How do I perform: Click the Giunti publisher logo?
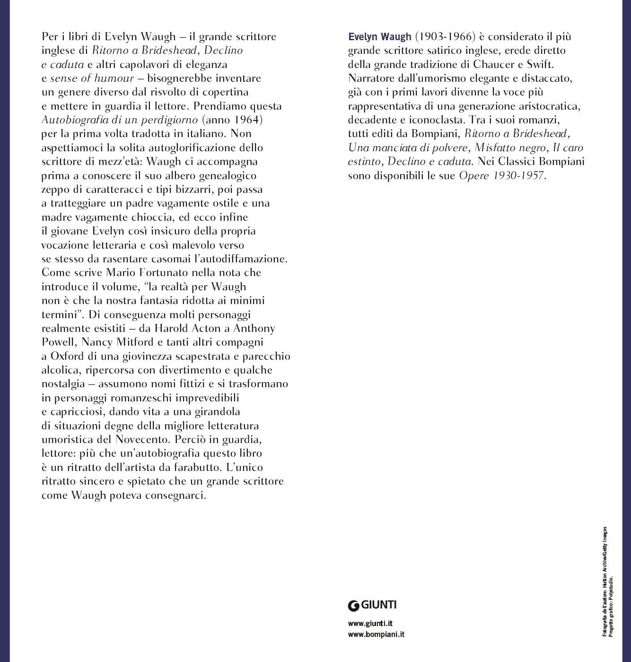[x=372, y=604]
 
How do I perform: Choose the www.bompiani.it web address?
[x=376, y=635]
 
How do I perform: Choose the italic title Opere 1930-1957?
[x=501, y=175]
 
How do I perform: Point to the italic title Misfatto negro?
[x=509, y=148]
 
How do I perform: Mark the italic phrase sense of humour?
[x=92, y=78]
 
